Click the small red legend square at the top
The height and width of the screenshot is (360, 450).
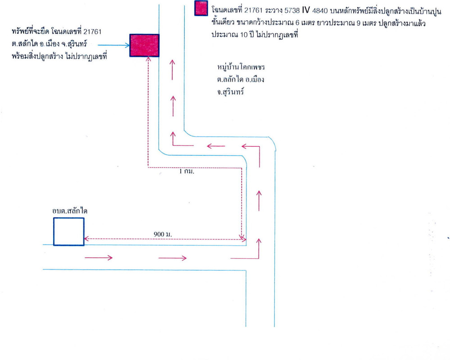[200, 9]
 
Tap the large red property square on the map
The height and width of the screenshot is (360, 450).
[145, 45]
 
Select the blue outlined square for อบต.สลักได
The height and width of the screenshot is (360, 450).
[68, 232]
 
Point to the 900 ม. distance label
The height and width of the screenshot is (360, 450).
[164, 234]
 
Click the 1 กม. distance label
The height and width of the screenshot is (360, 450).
[186, 171]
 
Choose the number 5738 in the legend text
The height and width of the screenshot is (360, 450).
[292, 10]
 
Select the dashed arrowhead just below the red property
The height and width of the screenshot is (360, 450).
[148, 61]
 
